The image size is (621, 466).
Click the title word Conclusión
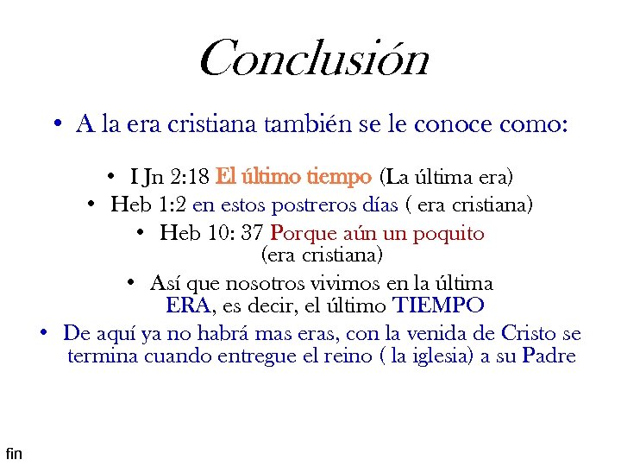point(313,59)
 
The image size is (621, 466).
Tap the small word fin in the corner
point(14,452)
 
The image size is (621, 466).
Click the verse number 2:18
point(190,178)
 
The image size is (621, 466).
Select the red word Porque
point(298,234)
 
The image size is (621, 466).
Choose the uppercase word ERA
point(187,305)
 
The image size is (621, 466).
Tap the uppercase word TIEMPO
point(438,305)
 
